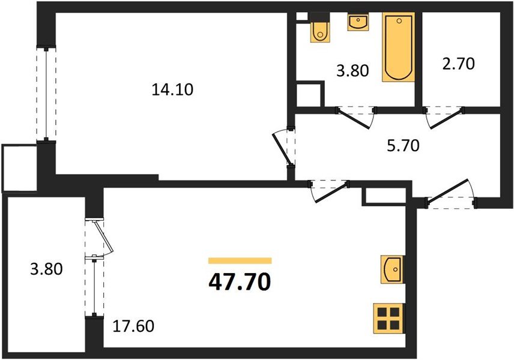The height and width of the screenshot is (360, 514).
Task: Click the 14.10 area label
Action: (x=172, y=89)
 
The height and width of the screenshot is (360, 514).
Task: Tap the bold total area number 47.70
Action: (x=240, y=282)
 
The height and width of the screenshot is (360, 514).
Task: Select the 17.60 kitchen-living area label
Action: (x=133, y=326)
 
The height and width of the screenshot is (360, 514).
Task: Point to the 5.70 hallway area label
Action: (x=403, y=145)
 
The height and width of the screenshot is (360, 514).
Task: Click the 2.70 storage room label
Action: (x=458, y=64)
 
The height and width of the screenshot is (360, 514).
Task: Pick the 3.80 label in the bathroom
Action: (x=352, y=70)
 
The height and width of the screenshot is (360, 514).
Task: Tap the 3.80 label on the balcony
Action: (x=46, y=269)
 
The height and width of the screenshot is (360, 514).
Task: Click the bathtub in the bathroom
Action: (x=398, y=47)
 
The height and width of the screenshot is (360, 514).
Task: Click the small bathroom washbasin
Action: (x=358, y=22)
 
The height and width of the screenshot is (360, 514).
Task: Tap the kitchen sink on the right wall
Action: (x=392, y=269)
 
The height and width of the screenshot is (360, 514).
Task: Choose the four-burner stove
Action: (x=389, y=319)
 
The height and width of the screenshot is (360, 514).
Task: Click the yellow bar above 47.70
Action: (x=240, y=261)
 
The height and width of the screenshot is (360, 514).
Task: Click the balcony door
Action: (x=99, y=238)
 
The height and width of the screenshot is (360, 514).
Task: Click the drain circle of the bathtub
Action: (x=399, y=21)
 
